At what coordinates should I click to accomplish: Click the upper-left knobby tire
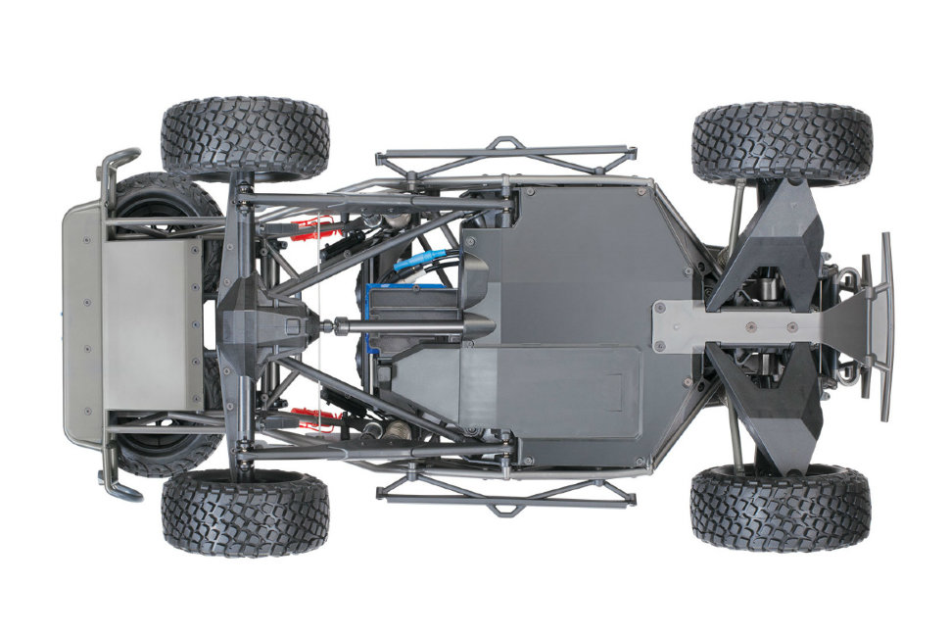[244, 137]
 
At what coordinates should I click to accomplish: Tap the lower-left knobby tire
[245, 513]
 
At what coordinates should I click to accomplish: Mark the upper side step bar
[504, 153]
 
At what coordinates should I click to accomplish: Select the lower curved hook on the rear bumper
[117, 485]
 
